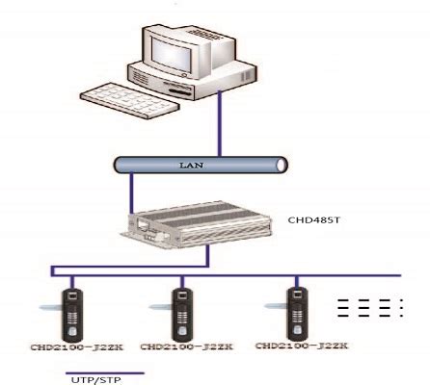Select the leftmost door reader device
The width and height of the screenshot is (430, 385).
pos(71,308)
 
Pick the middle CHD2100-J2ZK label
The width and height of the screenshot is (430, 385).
pos(178,345)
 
